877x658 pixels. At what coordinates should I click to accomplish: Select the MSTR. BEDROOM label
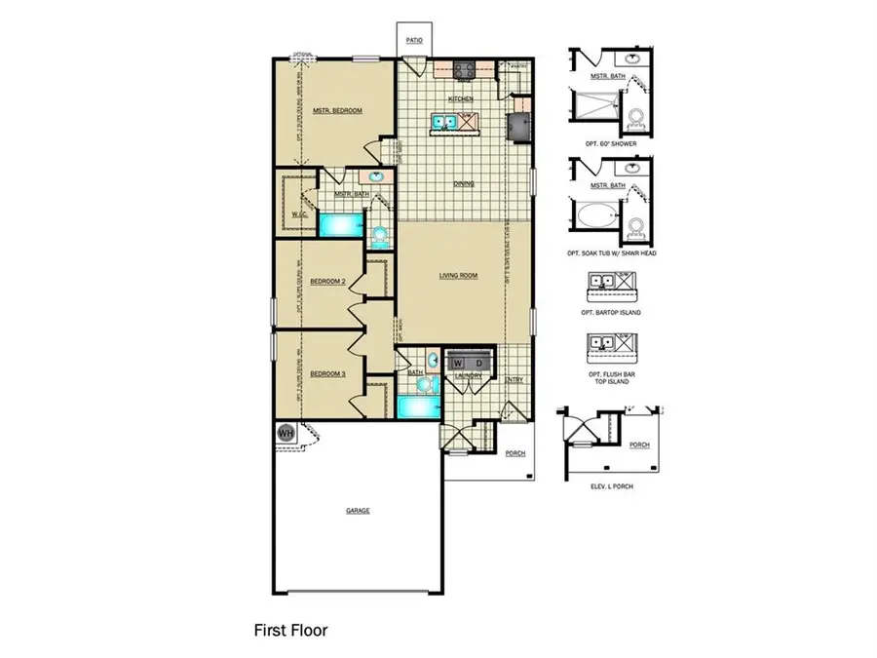click(x=337, y=111)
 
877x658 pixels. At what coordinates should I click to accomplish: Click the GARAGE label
click(x=357, y=510)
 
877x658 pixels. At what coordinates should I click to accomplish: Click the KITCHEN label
click(x=460, y=99)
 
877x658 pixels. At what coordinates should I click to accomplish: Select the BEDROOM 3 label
click(x=327, y=373)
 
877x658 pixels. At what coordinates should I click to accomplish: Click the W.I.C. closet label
click(x=300, y=213)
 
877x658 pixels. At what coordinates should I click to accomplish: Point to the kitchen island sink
click(x=444, y=123)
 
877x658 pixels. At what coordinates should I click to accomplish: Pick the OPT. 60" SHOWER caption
click(x=610, y=143)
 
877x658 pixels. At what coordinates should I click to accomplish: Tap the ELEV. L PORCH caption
click(x=611, y=484)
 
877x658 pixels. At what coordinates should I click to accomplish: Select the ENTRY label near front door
click(x=514, y=380)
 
